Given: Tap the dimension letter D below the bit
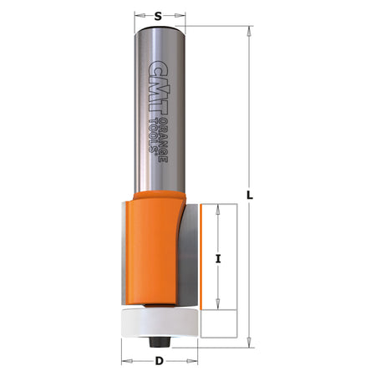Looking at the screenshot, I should [160, 362].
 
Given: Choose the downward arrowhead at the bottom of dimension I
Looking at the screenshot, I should [217, 305].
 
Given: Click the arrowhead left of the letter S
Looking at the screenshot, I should [136, 14].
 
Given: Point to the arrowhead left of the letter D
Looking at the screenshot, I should [126, 362].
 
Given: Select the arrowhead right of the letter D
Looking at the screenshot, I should [193, 362].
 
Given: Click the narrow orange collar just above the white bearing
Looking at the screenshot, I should [159, 302].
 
